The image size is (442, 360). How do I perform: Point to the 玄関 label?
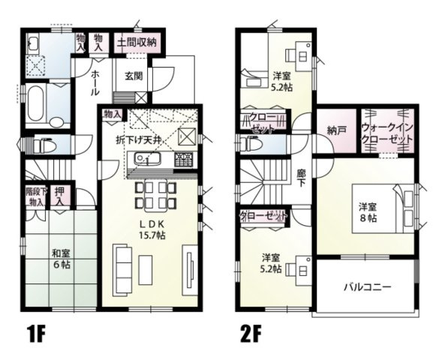(134, 76)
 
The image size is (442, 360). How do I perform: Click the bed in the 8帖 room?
(405, 210)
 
